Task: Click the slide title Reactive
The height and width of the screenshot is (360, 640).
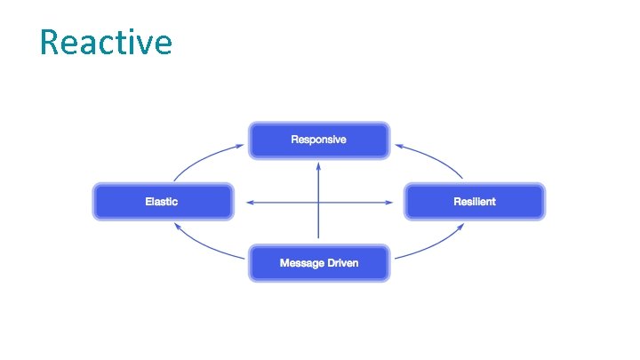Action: click(106, 42)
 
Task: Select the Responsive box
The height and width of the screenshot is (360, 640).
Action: click(318, 140)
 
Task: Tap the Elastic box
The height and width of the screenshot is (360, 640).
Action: click(162, 202)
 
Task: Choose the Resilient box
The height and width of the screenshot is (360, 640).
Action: click(474, 202)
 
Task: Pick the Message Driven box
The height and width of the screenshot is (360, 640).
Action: click(318, 264)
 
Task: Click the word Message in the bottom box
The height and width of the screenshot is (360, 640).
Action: click(300, 264)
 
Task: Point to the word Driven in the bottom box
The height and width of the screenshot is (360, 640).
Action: click(341, 264)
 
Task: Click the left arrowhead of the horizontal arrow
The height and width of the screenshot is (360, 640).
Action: click(250, 203)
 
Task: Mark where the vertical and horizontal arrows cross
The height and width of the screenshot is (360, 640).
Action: click(318, 203)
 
